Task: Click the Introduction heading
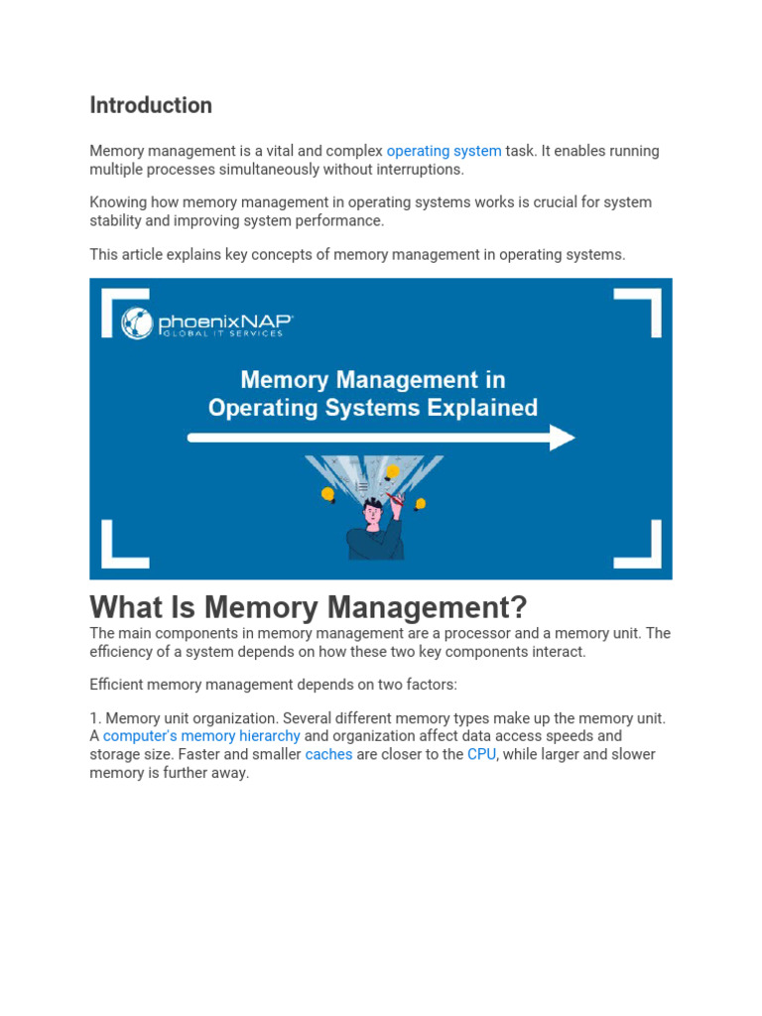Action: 151,105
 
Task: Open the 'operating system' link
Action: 444,151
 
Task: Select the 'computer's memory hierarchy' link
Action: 201,736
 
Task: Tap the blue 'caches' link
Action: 328,754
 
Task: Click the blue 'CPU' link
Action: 481,754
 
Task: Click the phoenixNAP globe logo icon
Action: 137,323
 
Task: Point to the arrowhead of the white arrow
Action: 563,438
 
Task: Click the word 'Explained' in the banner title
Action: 480,407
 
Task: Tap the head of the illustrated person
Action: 374,512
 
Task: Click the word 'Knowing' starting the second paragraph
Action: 117,202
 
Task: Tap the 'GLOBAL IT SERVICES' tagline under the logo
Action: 222,333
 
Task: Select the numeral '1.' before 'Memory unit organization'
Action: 95,718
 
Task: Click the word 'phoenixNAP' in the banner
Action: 223,320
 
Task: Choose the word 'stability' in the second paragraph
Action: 116,220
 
